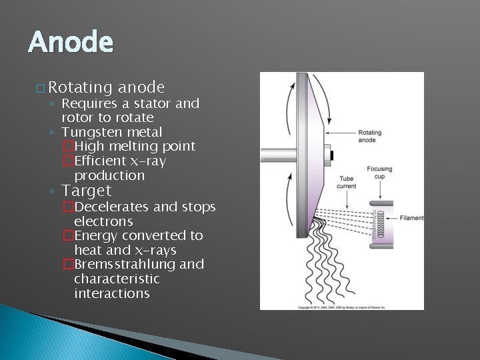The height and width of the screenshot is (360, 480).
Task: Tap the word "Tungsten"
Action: [x=90, y=132]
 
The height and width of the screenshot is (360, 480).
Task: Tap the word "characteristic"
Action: [x=117, y=279]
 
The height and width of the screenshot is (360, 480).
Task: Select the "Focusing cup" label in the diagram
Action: [x=379, y=173]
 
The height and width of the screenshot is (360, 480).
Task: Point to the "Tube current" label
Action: [x=347, y=183]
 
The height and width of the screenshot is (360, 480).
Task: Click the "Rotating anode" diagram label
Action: [x=371, y=136]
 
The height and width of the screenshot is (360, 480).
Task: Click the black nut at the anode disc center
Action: [x=331, y=156]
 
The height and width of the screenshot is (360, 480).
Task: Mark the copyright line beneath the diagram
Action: [x=341, y=307]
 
